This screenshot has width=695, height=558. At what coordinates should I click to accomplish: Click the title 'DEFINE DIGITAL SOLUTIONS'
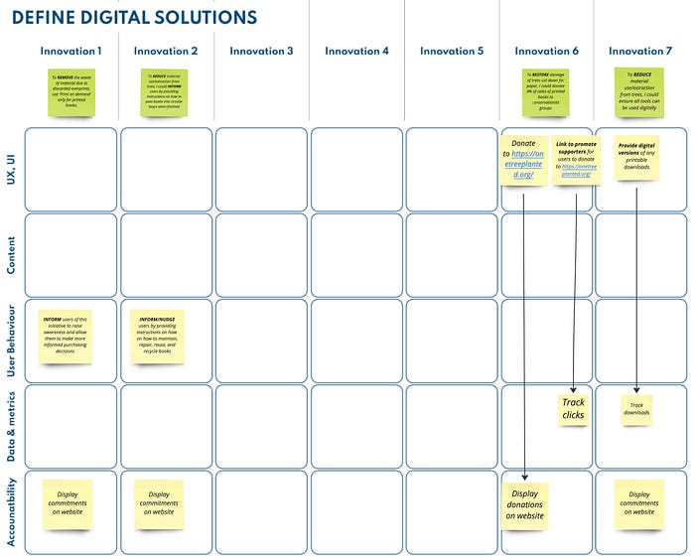134,18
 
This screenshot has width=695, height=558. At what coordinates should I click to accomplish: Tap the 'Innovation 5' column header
452,51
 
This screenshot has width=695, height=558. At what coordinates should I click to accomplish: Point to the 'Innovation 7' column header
640,51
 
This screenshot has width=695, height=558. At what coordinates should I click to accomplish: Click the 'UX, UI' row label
11,170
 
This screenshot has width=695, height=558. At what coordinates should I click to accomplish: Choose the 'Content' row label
11,255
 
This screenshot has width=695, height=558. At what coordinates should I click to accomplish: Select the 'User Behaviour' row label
11,340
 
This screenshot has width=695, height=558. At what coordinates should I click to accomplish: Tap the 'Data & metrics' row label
11,425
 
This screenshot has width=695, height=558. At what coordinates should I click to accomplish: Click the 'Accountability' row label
11,510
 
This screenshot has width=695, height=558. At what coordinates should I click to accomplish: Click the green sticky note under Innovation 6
546,92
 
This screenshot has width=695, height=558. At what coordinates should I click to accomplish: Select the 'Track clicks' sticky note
573,409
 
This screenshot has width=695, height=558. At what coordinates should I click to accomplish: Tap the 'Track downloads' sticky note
636,409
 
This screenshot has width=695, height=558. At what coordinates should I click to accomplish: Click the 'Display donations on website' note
525,504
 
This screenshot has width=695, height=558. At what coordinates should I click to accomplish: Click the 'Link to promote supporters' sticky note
576,159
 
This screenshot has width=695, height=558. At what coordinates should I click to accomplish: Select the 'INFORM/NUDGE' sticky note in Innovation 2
159,336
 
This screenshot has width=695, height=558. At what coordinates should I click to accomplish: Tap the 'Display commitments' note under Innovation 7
638,504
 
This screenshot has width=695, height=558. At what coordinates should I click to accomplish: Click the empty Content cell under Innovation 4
357,255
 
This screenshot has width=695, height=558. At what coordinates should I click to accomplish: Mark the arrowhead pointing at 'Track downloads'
636,391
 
